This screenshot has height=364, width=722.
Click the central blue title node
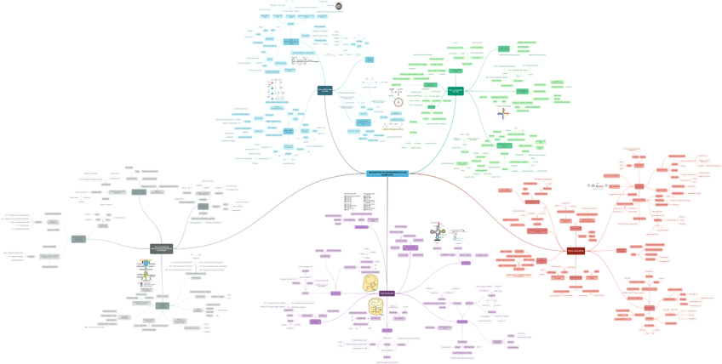pos(387,173)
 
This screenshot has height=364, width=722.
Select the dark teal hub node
pos(324,90)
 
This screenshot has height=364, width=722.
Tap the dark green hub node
pos(456,91)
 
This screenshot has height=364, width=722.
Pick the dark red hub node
pos(576,251)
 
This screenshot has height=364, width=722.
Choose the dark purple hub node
pos(387,293)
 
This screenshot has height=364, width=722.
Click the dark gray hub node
pos(162,249)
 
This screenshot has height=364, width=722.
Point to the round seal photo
pos(339,6)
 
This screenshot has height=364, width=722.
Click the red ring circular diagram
pos(398,102)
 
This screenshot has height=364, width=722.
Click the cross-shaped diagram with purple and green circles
pos(437,231)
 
